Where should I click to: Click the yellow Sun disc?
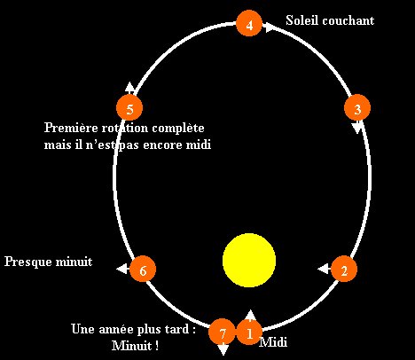point(249,260)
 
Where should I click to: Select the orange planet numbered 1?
point(249,333)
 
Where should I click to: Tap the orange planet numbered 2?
point(344,269)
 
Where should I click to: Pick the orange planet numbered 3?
point(357,107)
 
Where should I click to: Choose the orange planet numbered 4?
point(249,23)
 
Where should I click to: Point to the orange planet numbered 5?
point(129,107)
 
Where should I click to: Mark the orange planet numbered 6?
point(143,269)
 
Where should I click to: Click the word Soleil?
point(302,20)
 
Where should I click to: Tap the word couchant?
point(348,20)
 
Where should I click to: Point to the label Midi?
point(273,342)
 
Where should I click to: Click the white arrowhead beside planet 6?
point(121,269)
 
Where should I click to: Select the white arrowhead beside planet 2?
point(323,269)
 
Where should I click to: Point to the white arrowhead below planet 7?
point(223,350)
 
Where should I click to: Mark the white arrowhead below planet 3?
point(357,128)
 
